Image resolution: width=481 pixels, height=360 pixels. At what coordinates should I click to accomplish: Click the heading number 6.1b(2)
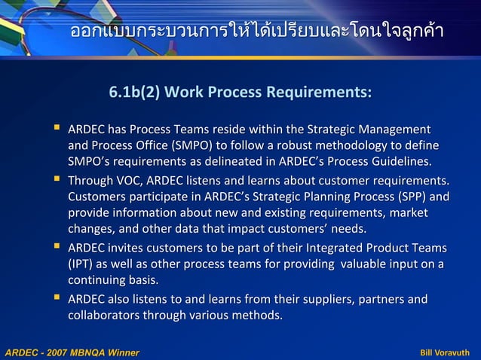[x=133, y=93]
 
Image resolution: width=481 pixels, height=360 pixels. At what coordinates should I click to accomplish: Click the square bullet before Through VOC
[x=57, y=180]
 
